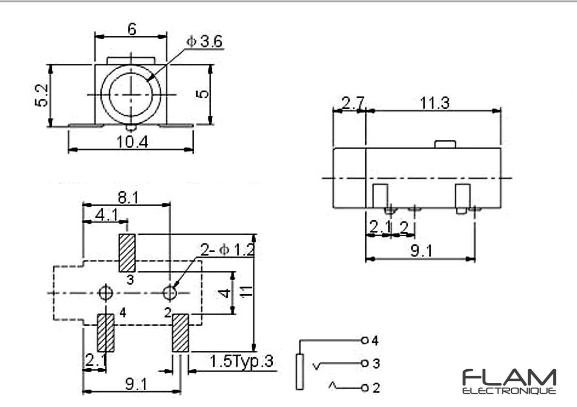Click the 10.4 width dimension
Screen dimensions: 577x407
click(x=132, y=141)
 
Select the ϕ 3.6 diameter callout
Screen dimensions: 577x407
click(x=204, y=42)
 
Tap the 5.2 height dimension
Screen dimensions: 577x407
click(x=42, y=95)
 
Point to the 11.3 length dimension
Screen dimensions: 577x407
click(x=435, y=103)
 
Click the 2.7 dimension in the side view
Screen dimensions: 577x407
click(x=353, y=103)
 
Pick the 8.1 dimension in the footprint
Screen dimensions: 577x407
click(x=128, y=198)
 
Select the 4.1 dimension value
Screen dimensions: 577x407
click(x=107, y=215)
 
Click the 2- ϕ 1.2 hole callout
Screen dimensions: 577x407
click(x=227, y=250)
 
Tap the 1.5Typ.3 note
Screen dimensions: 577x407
click(x=241, y=362)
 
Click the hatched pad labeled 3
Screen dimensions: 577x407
click(x=127, y=253)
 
